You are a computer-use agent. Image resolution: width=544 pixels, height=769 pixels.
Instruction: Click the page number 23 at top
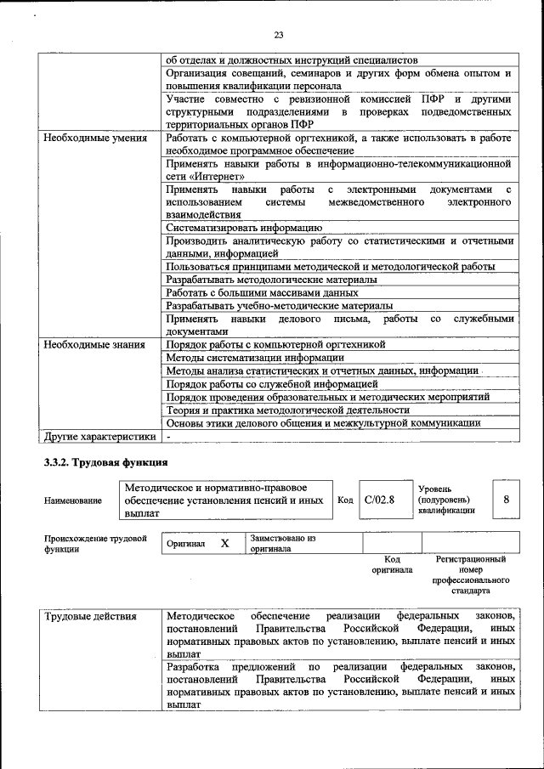click(278, 35)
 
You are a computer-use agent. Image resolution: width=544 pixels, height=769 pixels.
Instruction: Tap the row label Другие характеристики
click(99, 437)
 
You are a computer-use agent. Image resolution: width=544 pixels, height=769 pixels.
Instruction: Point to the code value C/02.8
click(379, 500)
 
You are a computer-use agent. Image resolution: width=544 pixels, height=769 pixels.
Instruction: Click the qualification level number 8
click(507, 500)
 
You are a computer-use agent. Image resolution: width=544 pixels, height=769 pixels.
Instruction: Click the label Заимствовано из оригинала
click(282, 543)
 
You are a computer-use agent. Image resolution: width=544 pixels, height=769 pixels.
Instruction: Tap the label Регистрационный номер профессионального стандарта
click(470, 574)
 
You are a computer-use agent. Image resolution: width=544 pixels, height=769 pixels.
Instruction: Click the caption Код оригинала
click(392, 564)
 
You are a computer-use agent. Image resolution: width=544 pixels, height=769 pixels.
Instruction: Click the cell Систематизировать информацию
click(243, 228)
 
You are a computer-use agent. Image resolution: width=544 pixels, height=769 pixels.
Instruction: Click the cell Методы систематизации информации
click(249, 358)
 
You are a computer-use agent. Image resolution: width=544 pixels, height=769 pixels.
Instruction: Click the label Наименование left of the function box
click(72, 501)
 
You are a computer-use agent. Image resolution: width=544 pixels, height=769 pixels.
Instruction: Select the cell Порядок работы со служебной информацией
click(271, 384)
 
